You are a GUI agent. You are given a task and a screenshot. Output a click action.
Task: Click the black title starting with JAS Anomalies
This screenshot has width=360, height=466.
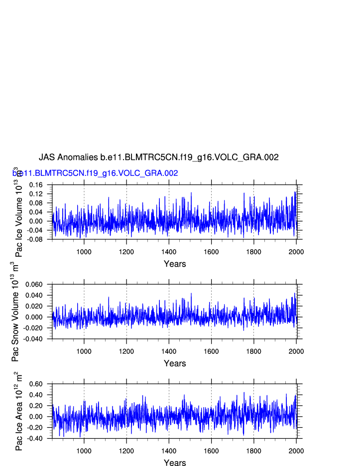pos(158,157)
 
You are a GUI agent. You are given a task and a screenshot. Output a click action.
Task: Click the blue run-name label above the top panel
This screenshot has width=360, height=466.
pos(95,173)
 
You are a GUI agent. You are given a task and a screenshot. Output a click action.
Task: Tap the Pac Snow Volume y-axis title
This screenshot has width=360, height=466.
pos(15,311)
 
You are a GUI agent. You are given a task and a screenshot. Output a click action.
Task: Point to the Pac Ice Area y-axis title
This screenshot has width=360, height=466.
pos(18,411)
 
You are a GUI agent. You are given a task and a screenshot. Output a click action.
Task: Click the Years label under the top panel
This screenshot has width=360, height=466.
pos(175,264)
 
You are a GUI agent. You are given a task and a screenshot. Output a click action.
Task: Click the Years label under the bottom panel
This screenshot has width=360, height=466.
pos(175,463)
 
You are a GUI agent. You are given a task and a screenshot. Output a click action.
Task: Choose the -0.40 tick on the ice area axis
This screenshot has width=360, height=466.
pos(36,439)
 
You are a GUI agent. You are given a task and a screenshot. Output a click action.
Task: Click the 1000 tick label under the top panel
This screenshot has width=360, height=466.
pos(84,252)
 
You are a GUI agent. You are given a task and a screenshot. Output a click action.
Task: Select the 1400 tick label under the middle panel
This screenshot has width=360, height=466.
pos(169,351)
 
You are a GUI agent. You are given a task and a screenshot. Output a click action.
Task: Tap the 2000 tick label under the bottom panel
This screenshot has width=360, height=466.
pos(296,451)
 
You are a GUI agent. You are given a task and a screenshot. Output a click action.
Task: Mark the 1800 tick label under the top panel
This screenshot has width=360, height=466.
pos(254,252)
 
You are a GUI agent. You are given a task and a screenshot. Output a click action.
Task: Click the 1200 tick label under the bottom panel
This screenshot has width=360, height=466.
pos(126,451)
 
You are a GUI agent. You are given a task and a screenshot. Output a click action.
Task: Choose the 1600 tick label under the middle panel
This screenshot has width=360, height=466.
pos(211,351)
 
